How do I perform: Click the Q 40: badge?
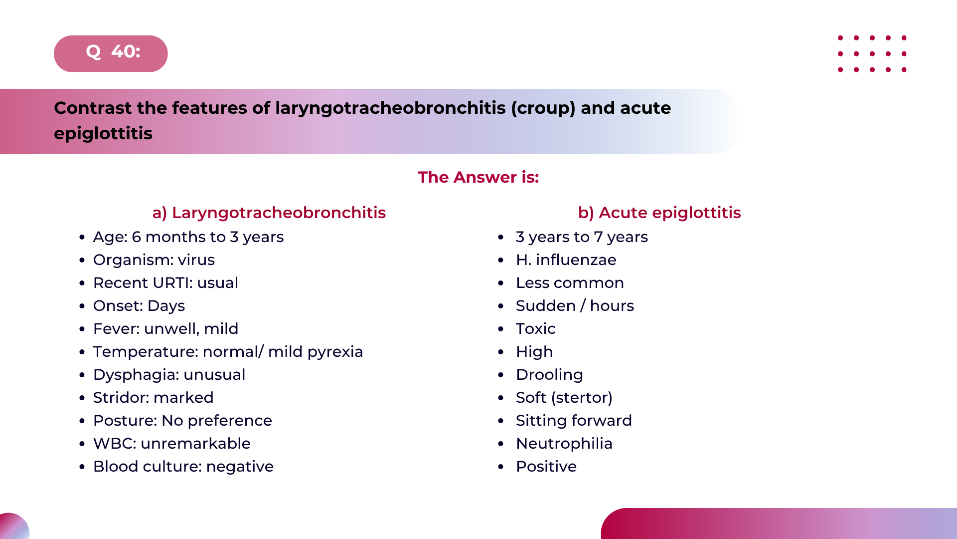pyautogui.click(x=111, y=53)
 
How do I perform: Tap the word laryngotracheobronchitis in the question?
pyautogui.click(x=390, y=108)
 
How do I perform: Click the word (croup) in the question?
pyautogui.click(x=543, y=108)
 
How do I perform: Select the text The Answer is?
pyautogui.click(x=478, y=177)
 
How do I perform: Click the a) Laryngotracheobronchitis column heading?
pyautogui.click(x=269, y=213)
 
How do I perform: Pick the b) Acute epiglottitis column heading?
pyautogui.click(x=659, y=213)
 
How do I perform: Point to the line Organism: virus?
pyautogui.click(x=154, y=260)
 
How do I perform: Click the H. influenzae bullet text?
pyautogui.click(x=566, y=260)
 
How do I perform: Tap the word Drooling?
pyautogui.click(x=549, y=375)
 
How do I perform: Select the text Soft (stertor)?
pyautogui.click(x=564, y=398)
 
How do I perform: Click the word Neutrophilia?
pyautogui.click(x=564, y=444)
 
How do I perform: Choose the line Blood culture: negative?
pyautogui.click(x=183, y=467)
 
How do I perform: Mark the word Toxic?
pyautogui.click(x=536, y=329)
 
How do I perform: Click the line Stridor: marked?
pyautogui.click(x=154, y=398)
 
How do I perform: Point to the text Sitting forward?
pyautogui.click(x=574, y=421)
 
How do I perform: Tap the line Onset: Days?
pyautogui.click(x=139, y=306)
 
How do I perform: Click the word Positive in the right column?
pyautogui.click(x=546, y=467)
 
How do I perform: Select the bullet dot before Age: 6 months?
pyautogui.click(x=82, y=238)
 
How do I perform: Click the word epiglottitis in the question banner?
pyautogui.click(x=103, y=134)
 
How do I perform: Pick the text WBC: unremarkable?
pyautogui.click(x=172, y=444)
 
